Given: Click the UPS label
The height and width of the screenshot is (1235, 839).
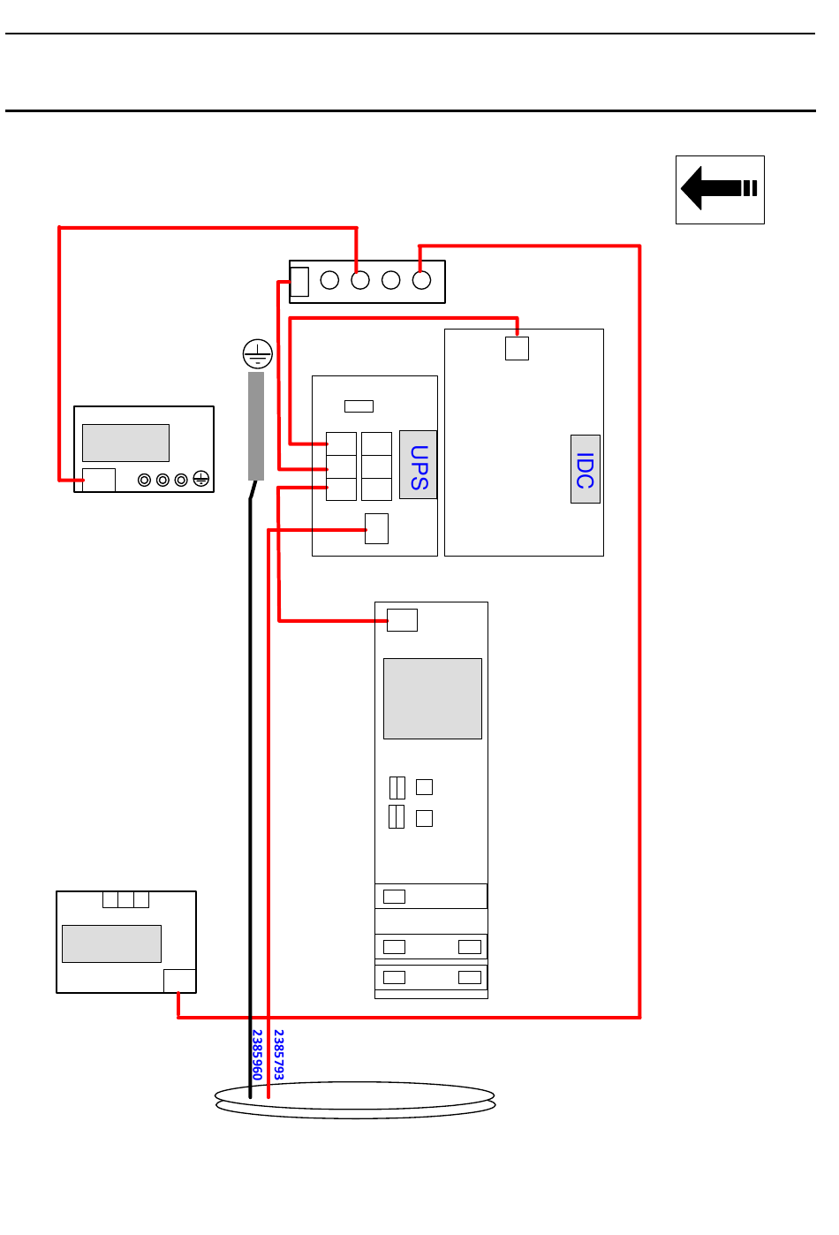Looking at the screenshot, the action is coord(419,467).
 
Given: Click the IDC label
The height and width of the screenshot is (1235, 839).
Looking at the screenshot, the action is coord(585,470).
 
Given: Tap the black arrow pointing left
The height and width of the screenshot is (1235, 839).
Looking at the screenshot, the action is coord(719,188).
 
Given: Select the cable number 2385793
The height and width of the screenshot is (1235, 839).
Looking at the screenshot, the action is coord(278,1054).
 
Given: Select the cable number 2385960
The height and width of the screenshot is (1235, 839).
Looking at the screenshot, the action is coord(257,1054).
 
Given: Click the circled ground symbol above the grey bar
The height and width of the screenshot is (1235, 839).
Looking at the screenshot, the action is coord(257,354).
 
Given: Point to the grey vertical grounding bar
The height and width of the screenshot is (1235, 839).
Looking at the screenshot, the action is coord(256,426).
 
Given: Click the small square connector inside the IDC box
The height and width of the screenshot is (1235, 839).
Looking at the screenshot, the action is coord(517,348).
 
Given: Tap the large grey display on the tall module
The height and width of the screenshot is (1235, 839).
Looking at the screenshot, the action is coord(433,699).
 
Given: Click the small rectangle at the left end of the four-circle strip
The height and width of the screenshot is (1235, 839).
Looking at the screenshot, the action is coord(299,282).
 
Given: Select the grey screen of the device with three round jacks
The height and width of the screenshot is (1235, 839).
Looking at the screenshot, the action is coord(125,443).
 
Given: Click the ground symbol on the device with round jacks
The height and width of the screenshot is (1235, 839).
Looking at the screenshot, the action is coord(201,479).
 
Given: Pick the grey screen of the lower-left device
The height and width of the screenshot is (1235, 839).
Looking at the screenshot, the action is coord(112,943).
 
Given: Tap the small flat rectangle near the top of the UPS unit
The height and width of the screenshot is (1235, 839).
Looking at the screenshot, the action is coord(359,406).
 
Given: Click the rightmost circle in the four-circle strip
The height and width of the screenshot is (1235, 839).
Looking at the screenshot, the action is coord(421,280).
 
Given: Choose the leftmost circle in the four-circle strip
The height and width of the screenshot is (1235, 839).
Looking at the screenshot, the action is coord(329,280).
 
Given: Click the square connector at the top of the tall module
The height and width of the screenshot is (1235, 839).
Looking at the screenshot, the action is coord(403,620).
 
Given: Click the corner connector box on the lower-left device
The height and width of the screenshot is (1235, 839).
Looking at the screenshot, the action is coord(179,981).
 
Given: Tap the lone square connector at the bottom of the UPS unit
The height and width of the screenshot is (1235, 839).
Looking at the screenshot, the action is coord(376,529).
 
